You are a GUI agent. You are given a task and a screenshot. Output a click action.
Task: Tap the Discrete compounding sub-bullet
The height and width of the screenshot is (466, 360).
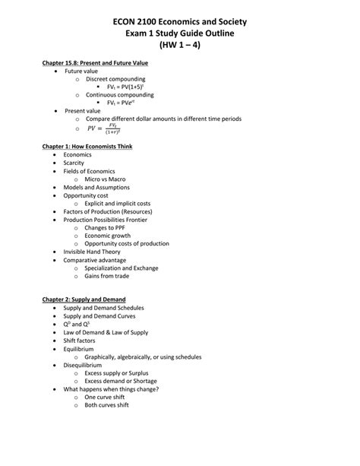pyautogui.click(x=115, y=78)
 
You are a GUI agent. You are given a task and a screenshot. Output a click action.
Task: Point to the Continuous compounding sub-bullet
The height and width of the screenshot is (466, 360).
pyautogui.click(x=119, y=95)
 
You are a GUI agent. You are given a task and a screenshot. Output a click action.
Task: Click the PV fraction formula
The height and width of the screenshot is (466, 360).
pyautogui.click(x=106, y=129)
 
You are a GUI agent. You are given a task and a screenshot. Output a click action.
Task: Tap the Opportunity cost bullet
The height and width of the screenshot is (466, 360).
pyautogui.click(x=86, y=196)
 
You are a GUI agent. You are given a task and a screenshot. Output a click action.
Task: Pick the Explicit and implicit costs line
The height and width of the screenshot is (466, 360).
pyautogui.click(x=118, y=204)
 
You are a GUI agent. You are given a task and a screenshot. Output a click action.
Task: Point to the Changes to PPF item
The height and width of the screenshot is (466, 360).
pyautogui.click(x=106, y=227)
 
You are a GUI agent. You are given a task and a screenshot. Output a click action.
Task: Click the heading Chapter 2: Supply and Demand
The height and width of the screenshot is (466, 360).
pyautogui.click(x=84, y=300)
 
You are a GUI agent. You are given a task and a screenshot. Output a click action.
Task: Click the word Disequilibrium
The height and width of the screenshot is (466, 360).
pyautogui.click(x=83, y=364)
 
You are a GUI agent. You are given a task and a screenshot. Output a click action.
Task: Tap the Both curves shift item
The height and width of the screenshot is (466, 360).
pyautogui.click(x=106, y=405)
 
